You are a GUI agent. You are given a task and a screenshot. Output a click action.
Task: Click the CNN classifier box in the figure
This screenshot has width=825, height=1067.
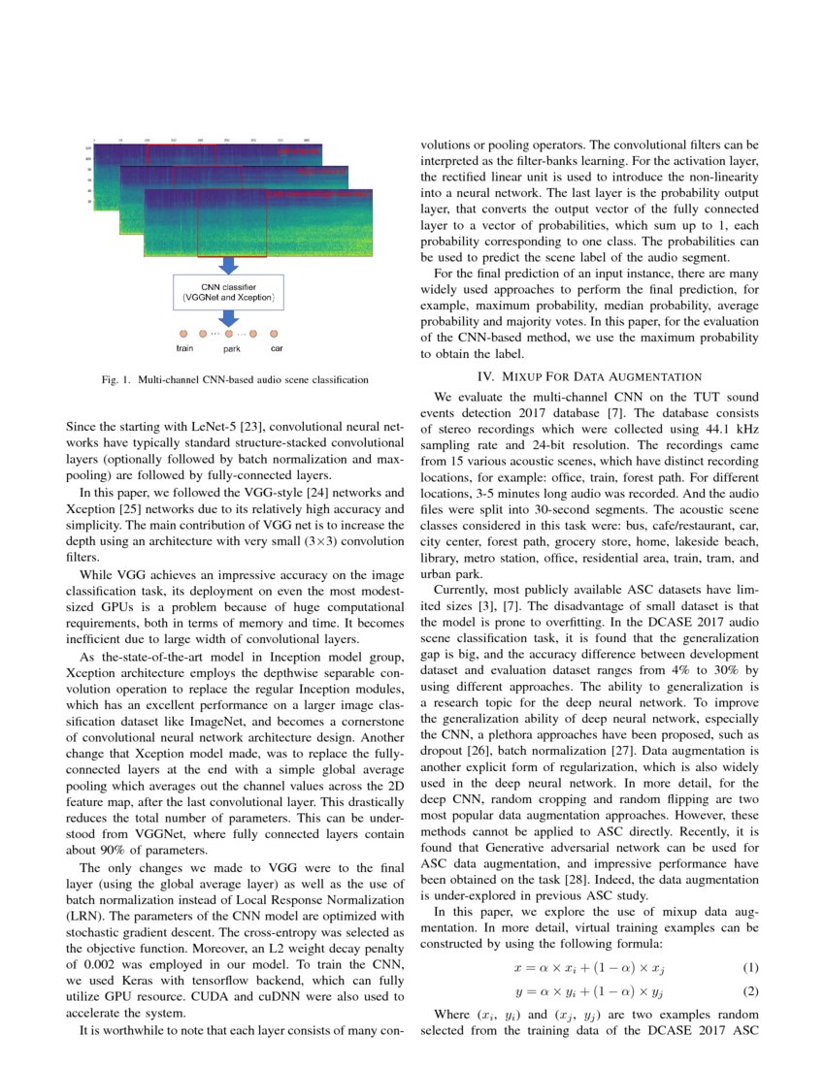coord(229,292)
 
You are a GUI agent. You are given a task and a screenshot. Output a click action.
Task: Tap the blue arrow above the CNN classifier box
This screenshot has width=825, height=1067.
coord(229,265)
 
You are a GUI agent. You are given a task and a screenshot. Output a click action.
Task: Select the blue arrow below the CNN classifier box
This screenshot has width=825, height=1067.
coord(229,318)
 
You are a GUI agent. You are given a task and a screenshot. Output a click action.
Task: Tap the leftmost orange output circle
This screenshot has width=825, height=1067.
coord(181,333)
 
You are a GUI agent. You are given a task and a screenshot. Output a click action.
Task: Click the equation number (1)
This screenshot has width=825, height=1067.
coord(748,968)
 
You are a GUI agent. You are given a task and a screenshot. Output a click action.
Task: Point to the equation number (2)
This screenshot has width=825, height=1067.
coord(748,991)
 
